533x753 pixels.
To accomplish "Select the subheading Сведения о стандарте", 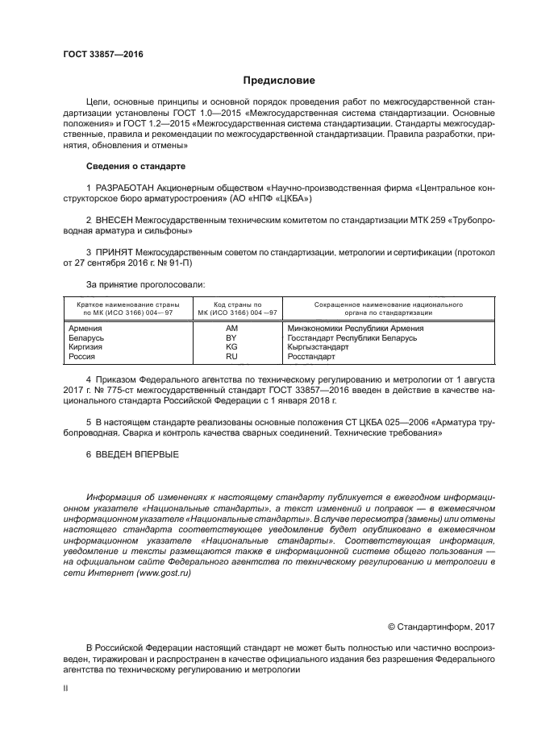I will [135, 166].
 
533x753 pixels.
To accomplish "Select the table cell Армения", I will [85, 329].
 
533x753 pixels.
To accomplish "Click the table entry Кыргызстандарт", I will [318, 346].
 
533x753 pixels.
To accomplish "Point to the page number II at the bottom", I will [67, 689].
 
